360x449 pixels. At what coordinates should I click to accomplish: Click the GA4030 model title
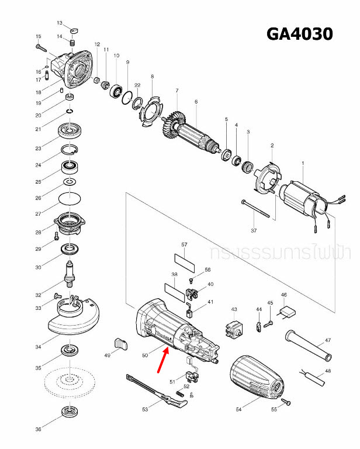click(299, 33)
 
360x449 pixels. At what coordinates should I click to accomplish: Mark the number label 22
click(137, 86)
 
